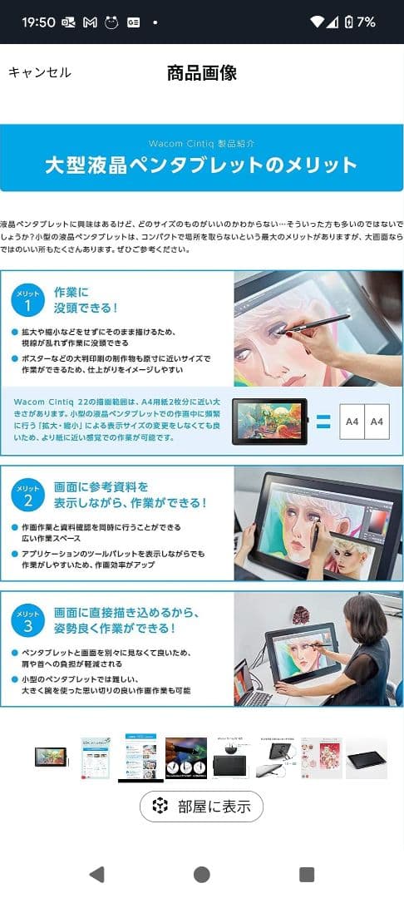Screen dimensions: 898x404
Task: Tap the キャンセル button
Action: (x=40, y=72)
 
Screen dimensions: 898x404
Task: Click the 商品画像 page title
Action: (x=202, y=72)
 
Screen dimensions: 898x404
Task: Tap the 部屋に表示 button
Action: (x=201, y=807)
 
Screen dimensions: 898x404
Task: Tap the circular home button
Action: (x=201, y=874)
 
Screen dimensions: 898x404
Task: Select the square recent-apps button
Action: (x=307, y=874)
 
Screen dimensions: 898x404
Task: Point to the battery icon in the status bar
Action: (x=349, y=22)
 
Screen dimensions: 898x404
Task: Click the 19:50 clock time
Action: (x=37, y=22)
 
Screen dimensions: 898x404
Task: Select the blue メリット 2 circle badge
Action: (x=28, y=495)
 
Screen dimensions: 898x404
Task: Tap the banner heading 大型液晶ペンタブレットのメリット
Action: (x=201, y=164)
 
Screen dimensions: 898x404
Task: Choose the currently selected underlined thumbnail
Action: (x=140, y=757)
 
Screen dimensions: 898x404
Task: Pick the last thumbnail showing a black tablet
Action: (x=366, y=757)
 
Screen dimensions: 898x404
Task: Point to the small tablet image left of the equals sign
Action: (x=269, y=421)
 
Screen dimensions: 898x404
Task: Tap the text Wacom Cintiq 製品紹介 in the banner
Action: (x=202, y=143)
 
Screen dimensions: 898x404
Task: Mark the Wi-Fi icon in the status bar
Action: (x=316, y=22)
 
